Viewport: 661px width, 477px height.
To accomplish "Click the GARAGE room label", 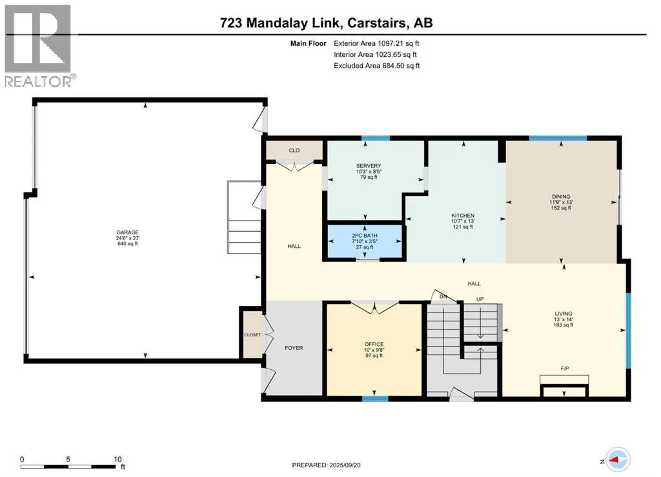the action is (128, 232).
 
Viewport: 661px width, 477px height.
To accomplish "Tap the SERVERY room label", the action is (369, 166).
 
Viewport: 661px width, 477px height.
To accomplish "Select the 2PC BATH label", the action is (365, 236).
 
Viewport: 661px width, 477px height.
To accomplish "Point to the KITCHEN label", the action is (463, 216).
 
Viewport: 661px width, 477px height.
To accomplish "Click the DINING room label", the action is (561, 196).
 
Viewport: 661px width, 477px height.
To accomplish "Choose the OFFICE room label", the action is (374, 344).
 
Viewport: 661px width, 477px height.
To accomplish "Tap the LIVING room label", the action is (563, 314).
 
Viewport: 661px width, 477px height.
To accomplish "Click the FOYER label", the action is (294, 348).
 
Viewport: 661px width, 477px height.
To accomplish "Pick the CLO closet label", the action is (294, 150).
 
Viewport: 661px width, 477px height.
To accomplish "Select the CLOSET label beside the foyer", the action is (252, 335).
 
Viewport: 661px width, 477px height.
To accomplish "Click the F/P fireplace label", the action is (565, 369).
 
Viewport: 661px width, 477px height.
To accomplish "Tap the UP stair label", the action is (480, 299).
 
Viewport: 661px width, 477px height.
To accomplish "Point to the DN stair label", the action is (443, 297).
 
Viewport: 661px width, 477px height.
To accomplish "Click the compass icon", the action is (618, 460).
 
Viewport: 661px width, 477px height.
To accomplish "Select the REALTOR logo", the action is (38, 46).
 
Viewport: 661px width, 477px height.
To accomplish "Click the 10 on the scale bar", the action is (117, 460).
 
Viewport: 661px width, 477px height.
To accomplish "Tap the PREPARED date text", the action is (326, 465).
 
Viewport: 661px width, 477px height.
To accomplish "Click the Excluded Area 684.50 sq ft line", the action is (377, 66).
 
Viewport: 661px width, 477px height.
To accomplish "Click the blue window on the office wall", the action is (375, 398).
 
